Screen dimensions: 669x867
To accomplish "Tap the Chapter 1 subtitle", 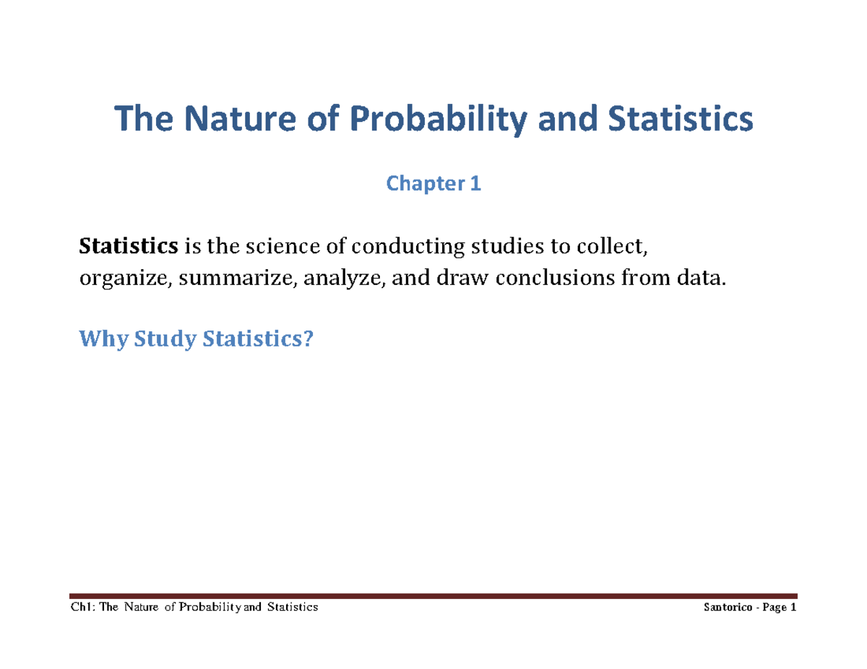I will click(433, 185).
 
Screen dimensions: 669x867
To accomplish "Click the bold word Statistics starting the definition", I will click(128, 248).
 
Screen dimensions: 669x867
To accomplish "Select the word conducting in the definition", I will click(383, 248).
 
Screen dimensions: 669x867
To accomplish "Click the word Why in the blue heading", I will click(99, 337).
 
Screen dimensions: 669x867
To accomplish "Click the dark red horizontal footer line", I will click(433, 597).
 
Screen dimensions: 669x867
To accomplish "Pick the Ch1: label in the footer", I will click(82, 608).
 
